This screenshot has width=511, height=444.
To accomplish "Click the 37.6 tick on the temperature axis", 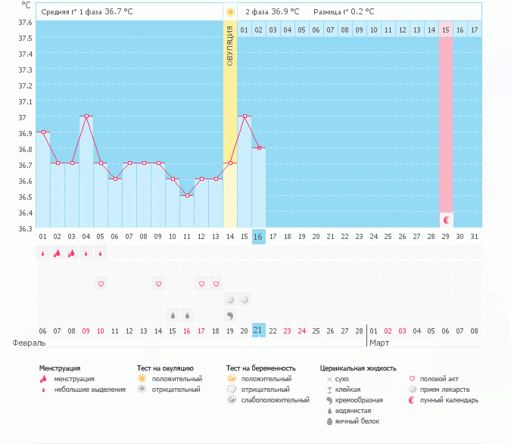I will [x=26, y=23].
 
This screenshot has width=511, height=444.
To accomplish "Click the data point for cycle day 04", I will [x=86, y=116].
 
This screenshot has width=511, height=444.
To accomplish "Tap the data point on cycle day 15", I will [x=245, y=116].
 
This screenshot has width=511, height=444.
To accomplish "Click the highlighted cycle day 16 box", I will [x=259, y=237].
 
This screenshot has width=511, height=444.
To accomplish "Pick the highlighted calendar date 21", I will [x=259, y=331].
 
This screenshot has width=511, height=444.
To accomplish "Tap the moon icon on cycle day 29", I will [x=447, y=219].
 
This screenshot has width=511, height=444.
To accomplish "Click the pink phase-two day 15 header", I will [x=446, y=29].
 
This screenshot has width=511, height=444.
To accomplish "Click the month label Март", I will [x=379, y=343].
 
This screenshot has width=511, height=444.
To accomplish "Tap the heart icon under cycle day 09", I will [x=158, y=284].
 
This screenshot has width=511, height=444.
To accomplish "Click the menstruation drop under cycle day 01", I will [x=43, y=253].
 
